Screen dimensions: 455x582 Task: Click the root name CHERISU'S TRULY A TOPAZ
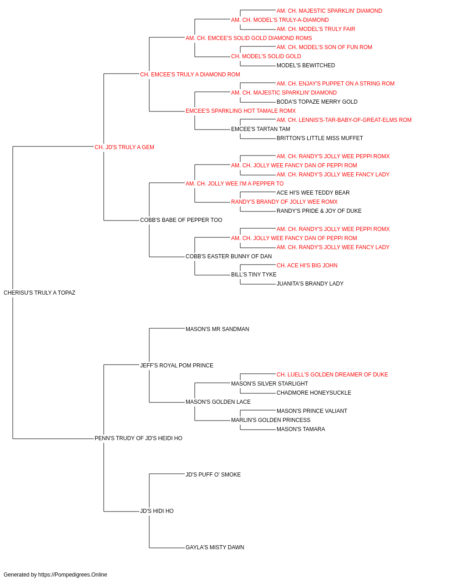40,293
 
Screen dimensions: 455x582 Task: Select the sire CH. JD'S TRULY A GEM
124,147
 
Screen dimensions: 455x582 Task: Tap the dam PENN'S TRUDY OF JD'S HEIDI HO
138,438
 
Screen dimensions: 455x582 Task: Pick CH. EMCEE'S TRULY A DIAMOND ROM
190,75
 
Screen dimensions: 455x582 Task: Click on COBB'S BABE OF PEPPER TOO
181,220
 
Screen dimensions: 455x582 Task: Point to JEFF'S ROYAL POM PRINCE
177,365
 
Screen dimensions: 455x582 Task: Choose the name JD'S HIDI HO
157,511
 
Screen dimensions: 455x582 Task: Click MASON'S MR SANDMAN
217,329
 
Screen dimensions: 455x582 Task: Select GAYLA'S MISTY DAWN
215,547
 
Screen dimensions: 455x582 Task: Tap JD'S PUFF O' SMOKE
213,474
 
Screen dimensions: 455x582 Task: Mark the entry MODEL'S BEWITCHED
306,65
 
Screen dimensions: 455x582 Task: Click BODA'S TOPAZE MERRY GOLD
317,102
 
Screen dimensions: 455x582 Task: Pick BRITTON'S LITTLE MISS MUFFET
320,138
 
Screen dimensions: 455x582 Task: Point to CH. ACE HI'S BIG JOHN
307,266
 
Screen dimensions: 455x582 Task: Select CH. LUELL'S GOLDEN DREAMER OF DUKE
332,374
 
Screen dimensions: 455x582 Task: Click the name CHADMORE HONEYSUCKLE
314,393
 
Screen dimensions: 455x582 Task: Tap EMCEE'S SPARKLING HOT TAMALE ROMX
241,111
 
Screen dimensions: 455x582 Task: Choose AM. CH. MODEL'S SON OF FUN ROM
324,47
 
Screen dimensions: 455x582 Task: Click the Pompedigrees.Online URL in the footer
73,575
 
